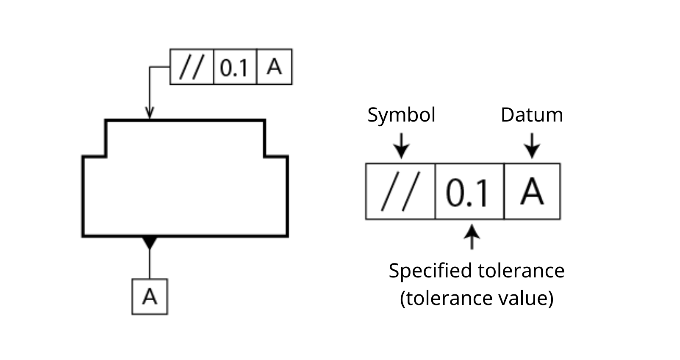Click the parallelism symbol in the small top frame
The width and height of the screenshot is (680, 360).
pyautogui.click(x=192, y=67)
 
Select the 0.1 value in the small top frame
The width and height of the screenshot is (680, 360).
pyautogui.click(x=234, y=67)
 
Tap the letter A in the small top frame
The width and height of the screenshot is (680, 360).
pyautogui.click(x=275, y=67)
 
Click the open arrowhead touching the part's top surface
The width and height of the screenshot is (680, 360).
pyautogui.click(x=150, y=113)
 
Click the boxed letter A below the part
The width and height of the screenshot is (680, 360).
pyautogui.click(x=150, y=296)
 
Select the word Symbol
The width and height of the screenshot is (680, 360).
pyautogui.click(x=401, y=115)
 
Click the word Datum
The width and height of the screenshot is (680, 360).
pyautogui.click(x=532, y=115)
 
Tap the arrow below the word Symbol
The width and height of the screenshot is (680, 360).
pyautogui.click(x=401, y=146)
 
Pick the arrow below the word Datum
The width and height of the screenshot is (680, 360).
pyautogui.click(x=532, y=146)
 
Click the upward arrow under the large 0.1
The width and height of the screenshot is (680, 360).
pyautogui.click(x=472, y=237)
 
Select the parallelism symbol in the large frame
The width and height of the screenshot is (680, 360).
pyautogui.click(x=401, y=191)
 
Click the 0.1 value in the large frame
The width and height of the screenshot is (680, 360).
pyautogui.click(x=467, y=193)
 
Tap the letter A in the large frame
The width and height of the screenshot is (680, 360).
pyautogui.click(x=532, y=191)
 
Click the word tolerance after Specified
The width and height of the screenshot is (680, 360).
pyautogui.click(x=521, y=271)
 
